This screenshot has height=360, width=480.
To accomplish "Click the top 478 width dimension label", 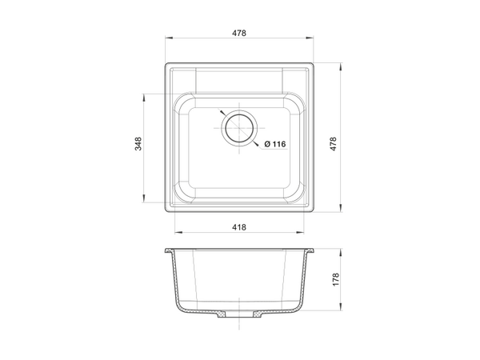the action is [x=238, y=33].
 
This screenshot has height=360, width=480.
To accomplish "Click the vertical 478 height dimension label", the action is [x=334, y=143].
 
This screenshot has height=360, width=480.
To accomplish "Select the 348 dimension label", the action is [x=138, y=143].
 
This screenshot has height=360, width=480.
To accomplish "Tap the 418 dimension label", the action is [x=238, y=227].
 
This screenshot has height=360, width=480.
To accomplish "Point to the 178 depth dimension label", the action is [x=336, y=279].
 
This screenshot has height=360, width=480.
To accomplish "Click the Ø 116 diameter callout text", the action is [x=275, y=144].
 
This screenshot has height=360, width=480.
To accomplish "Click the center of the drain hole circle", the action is [x=239, y=128].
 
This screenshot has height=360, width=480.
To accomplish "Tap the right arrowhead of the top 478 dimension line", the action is [x=309, y=38].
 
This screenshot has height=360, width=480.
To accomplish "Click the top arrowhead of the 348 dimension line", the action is [x=143, y=98].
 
